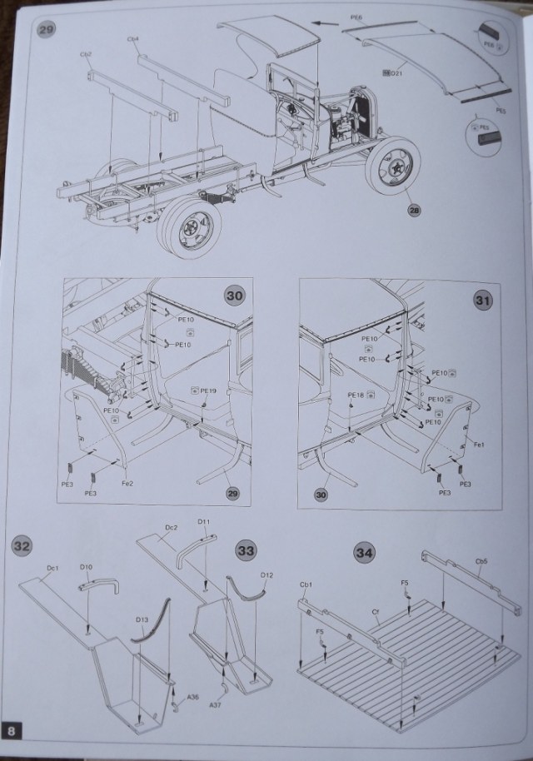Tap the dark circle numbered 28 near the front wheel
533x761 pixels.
coord(414,210)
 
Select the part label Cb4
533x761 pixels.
coord(133,39)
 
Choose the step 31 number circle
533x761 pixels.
coord(483,300)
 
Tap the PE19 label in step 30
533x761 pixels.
coord(208,390)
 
